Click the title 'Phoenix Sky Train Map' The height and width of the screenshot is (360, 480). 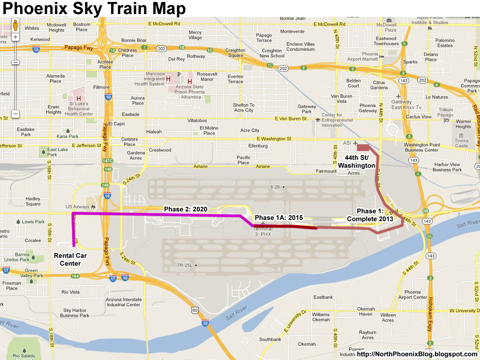[94, 8]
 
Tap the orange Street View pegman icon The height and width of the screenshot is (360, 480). [15, 24]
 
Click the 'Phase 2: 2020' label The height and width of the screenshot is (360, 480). [185, 209]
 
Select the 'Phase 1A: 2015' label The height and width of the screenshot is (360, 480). [278, 218]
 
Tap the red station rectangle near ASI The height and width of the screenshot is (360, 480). [363, 147]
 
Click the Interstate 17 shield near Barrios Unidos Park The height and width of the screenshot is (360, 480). [6, 270]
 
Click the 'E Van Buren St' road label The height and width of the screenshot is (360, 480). [291, 119]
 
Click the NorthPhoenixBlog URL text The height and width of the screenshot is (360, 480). [417, 354]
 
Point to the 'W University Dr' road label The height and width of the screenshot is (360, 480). [462, 310]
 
